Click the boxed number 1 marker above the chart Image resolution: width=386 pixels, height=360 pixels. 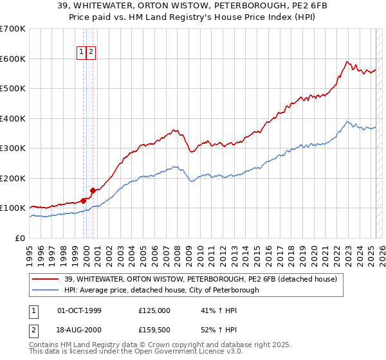click(82, 53)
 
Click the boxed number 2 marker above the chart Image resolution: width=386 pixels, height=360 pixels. click(91, 53)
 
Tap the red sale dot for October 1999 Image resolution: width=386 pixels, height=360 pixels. click(84, 201)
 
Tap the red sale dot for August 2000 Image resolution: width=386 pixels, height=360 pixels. click(93, 190)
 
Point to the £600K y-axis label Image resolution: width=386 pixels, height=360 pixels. click(13, 59)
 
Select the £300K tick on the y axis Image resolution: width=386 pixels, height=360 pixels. click(13, 148)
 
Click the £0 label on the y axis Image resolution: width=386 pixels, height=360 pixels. click(21, 238)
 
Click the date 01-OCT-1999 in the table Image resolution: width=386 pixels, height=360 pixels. click(79, 310)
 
